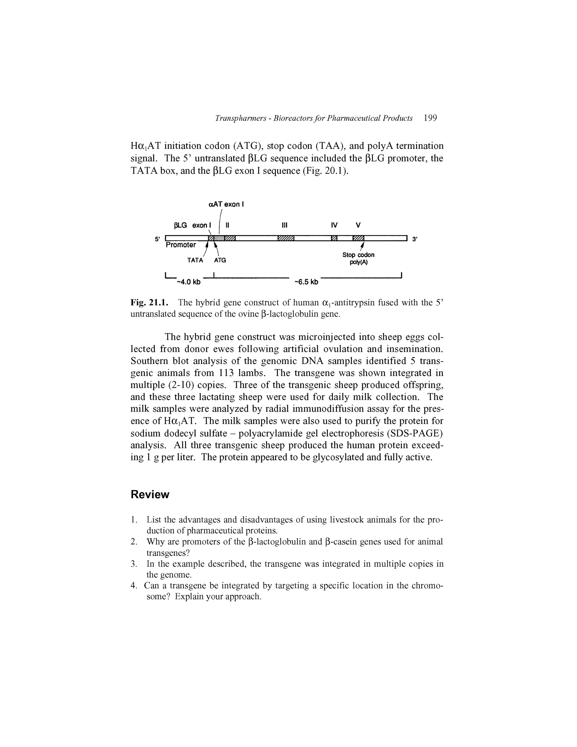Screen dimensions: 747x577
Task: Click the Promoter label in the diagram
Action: [181, 245]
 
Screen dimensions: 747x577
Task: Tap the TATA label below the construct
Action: [195, 260]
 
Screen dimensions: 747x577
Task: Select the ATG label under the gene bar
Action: [220, 260]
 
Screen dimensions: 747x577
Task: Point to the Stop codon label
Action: [358, 255]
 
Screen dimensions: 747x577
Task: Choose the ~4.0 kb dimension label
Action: [189, 282]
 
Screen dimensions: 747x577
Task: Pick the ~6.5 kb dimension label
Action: [306, 282]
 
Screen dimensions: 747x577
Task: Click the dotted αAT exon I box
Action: [219, 238]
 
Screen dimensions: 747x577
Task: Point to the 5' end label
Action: [157, 239]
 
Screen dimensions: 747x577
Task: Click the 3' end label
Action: [415, 239]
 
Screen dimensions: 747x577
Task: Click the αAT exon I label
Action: [226, 205]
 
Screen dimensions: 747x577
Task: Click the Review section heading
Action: [150, 495]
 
